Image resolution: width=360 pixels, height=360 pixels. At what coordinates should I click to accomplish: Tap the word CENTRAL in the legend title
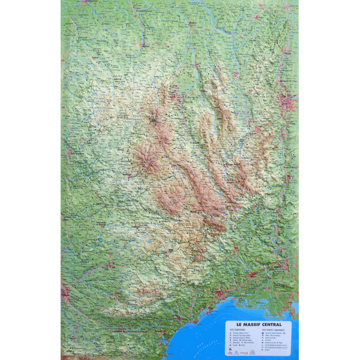click(x=272, y=325)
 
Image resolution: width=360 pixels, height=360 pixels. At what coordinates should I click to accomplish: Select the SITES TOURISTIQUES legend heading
click(x=237, y=329)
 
